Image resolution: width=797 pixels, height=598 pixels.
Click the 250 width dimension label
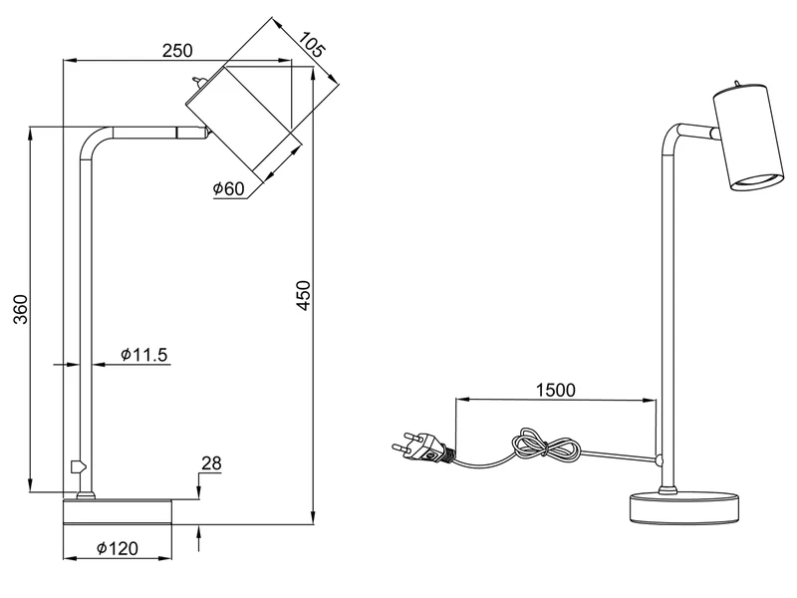pos(176,51)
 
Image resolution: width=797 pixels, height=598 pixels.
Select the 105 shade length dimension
pos(315,45)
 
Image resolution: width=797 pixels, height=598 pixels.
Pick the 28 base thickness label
pos(210,463)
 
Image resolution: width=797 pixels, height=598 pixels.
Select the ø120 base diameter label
pos(117,548)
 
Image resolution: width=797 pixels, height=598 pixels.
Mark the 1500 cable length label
pos(555,390)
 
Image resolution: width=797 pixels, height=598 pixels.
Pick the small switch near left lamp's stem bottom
pos(76,464)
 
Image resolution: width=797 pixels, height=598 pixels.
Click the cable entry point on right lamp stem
pos(661,459)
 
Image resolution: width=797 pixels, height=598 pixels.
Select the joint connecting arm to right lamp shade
pos(713,133)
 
